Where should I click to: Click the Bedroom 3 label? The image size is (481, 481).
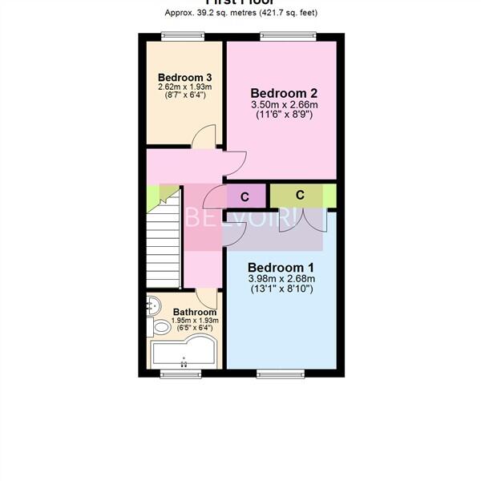pyautogui.click(x=179, y=77)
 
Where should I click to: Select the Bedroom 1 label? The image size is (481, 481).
pyautogui.click(x=280, y=267)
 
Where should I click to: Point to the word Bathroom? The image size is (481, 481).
pyautogui.click(x=195, y=312)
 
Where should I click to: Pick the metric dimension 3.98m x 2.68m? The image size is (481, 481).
pyautogui.click(x=280, y=279)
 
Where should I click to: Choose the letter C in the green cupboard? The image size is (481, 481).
pyautogui.click(x=299, y=195)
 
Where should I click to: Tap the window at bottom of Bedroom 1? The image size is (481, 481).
pyautogui.click(x=281, y=373)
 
